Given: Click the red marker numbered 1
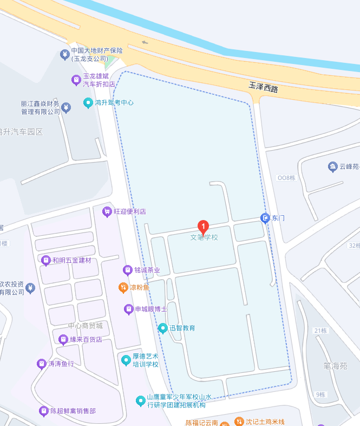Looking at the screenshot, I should pos(203,227).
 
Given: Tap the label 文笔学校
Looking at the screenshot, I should pos(204,237).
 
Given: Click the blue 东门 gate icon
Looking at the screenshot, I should pos(265,218).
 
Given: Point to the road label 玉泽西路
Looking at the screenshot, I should pos(264,87).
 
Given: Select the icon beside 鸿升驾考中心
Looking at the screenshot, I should pos(88,102).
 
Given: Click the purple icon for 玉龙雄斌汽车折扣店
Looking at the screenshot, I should pos(76,80).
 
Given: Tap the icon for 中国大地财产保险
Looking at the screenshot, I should pos(64,54).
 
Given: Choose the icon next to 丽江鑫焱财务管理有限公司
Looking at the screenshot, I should pos(66,107).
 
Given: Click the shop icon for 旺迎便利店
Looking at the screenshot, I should pos(107,211).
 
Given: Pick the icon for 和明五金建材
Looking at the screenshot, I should pos(46,260).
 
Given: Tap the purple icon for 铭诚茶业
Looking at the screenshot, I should pos(128,269).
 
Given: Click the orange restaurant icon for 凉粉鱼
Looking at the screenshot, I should pos(123,287).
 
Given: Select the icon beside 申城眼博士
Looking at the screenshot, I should pos(129,309).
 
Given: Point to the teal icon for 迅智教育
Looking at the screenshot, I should pos(162,328).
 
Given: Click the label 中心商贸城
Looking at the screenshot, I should pos(85,326).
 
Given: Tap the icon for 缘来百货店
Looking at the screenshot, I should pos(63,339).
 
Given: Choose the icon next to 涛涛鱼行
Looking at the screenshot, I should pos(42,364).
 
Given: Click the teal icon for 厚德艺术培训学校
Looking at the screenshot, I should pos(126,359).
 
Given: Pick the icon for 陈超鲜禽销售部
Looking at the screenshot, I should pos(44,411).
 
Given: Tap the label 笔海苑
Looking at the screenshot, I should pos(335,366).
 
